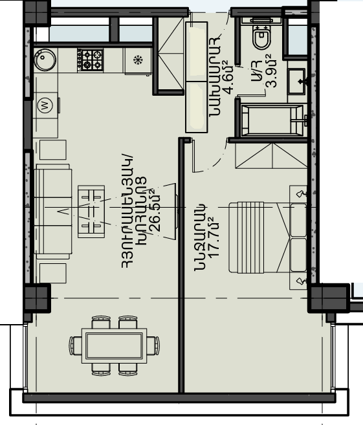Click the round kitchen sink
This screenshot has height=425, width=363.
pyautogui.click(x=45, y=60)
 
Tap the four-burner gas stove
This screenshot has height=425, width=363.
pyautogui.click(x=91, y=60)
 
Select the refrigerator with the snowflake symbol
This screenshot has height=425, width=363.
pyautogui.click(x=138, y=61)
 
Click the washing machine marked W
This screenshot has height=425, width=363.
pyautogui.click(x=46, y=105)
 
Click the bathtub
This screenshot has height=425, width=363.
pyautogui.click(x=272, y=120)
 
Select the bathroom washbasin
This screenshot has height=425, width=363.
pyautogui.click(x=297, y=82)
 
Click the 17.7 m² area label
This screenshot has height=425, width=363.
pyautogui.click(x=214, y=237)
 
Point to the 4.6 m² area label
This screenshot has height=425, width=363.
pyautogui.click(x=228, y=78)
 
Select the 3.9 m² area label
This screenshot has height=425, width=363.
pyautogui.click(x=271, y=71)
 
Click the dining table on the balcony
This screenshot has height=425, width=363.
pyautogui.click(x=114, y=345)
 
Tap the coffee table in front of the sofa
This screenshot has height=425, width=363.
pyautogui.click(x=91, y=212)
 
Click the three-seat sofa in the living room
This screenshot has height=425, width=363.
pyautogui.click(x=53, y=212)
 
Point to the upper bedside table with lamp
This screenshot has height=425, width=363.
pyautogui.click(x=298, y=194)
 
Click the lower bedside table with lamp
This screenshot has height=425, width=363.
pyautogui.click(x=298, y=281)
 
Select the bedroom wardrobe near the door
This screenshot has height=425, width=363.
pyautogui.click(x=271, y=156)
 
